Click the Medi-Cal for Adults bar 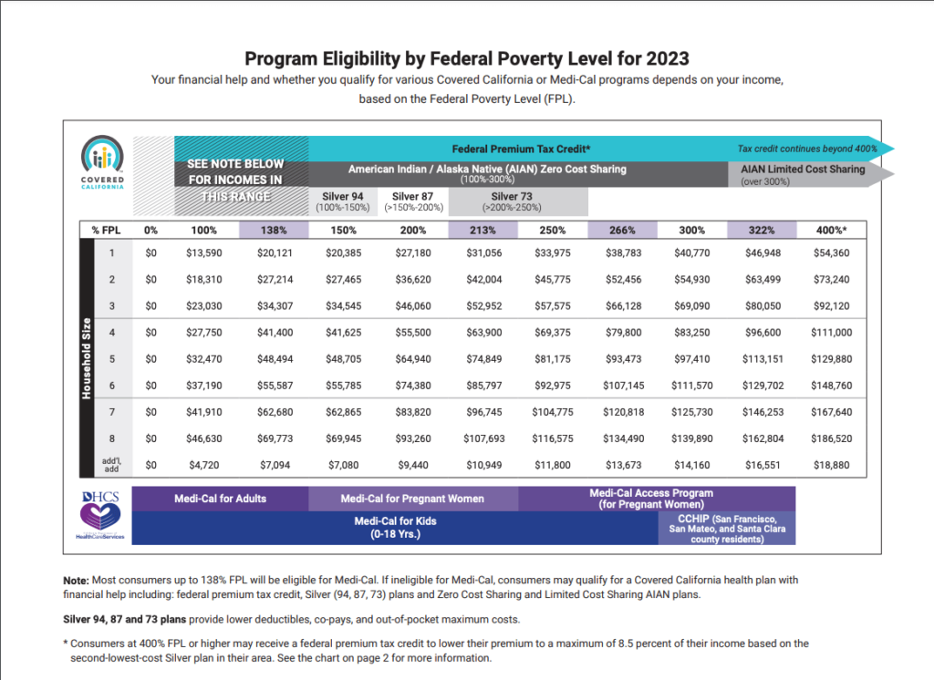[x=220, y=499]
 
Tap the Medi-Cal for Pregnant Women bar [x=412, y=499]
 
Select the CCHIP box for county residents [x=727, y=528]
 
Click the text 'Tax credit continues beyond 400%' [x=806, y=149]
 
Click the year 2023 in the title [x=669, y=59]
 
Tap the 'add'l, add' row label [x=111, y=465]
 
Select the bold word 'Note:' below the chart [x=76, y=580]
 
